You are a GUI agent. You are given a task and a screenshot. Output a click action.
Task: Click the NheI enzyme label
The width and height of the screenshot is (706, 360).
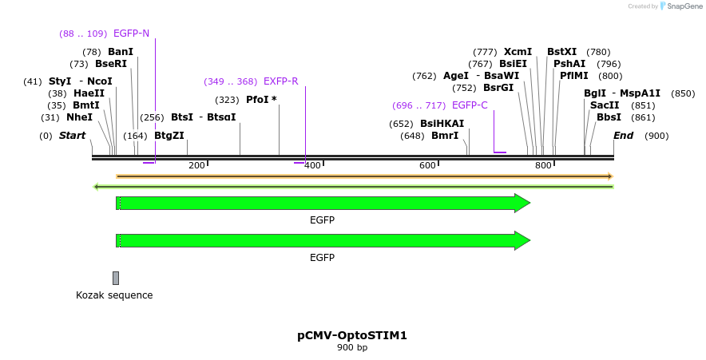tap(79, 117)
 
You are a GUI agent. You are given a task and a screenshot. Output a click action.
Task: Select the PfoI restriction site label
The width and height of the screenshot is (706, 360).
tap(257, 100)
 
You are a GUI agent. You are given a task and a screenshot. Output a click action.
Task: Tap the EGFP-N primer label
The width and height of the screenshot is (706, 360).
tap(131, 34)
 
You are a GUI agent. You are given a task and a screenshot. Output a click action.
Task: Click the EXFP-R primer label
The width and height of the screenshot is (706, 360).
tap(280, 81)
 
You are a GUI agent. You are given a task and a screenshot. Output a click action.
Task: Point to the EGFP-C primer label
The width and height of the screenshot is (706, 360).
tap(470, 105)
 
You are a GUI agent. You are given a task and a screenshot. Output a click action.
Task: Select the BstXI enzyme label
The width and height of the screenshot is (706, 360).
tap(561, 52)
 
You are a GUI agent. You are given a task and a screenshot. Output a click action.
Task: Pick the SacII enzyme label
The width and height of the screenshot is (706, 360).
tap(605, 105)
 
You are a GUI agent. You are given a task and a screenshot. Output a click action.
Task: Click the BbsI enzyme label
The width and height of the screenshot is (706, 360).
tap(609, 117)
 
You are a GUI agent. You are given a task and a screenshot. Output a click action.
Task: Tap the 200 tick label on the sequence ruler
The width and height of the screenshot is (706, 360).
tap(196, 165)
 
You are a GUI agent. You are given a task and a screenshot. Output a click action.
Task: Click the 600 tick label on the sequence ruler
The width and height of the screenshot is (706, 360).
tap(427, 165)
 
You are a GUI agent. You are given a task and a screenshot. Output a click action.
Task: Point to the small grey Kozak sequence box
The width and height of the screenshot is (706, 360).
tap(116, 278)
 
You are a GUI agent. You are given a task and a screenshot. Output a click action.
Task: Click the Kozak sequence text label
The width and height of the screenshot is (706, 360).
tap(114, 295)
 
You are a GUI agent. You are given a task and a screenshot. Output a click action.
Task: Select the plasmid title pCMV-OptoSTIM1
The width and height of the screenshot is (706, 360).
tap(352, 335)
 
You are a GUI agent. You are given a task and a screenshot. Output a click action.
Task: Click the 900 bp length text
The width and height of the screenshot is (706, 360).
tap(352, 347)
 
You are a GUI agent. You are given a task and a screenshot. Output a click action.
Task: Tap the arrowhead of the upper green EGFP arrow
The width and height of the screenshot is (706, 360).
tap(522, 203)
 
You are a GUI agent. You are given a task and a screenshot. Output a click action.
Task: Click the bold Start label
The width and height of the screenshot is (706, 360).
tap(72, 136)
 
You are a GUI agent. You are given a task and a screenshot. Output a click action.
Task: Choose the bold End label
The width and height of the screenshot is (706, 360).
tap(623, 136)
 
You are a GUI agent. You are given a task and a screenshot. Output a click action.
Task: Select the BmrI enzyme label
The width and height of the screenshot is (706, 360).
tap(445, 136)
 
